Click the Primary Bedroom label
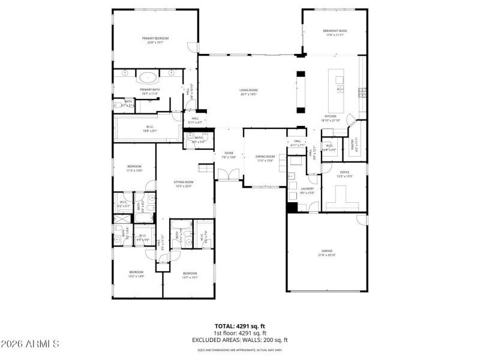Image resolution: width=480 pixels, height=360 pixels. [x=155, y=38]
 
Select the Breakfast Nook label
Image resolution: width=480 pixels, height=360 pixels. [x=335, y=31]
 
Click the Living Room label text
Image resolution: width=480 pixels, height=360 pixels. [x=248, y=90]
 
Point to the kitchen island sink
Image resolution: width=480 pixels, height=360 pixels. [x=340, y=89]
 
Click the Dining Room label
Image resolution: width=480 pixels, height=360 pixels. [x=265, y=157]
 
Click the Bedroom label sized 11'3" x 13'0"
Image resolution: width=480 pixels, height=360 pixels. [x=134, y=166]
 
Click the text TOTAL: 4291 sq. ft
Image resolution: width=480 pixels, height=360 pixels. [x=240, y=326]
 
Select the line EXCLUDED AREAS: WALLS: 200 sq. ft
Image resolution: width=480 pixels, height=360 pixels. [x=240, y=340]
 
